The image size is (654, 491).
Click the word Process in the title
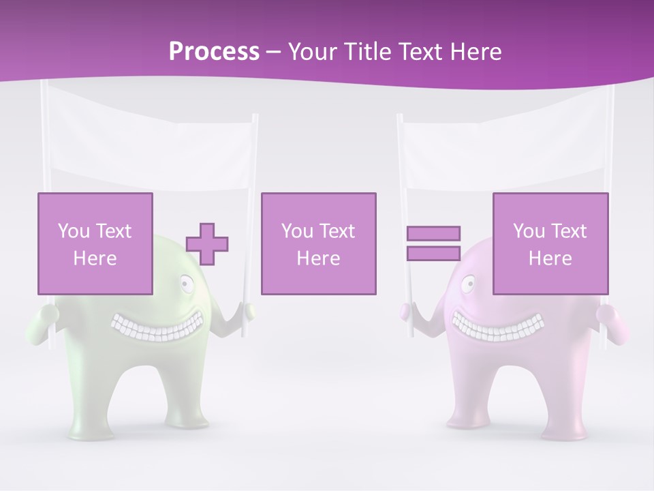(x=214, y=52)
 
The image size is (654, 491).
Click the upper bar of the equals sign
(x=433, y=233)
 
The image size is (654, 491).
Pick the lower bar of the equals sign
(x=433, y=253)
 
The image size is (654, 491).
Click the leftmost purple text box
(x=95, y=205)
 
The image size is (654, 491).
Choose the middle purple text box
(x=318, y=205)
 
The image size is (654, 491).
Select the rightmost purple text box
(x=550, y=205)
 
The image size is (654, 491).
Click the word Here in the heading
(x=476, y=52)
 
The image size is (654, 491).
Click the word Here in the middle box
(x=318, y=258)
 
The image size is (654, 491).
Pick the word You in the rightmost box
(x=529, y=231)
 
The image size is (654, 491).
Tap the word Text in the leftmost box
(x=112, y=231)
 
